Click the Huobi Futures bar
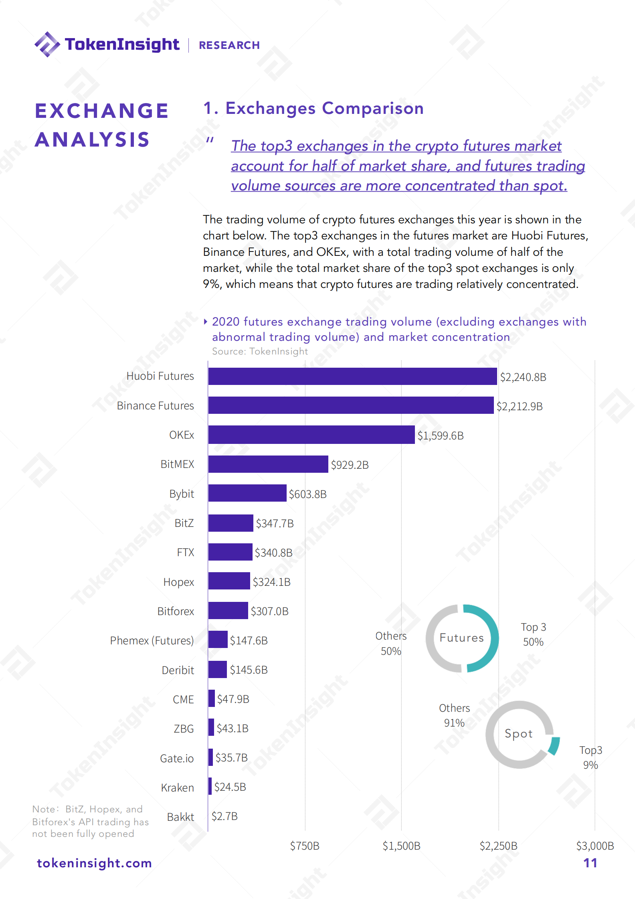[x=352, y=376]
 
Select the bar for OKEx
[x=311, y=435]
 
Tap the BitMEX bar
[x=268, y=464]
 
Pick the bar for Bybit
[x=247, y=493]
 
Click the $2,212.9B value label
[x=520, y=406]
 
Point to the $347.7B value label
[x=275, y=523]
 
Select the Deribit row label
[x=178, y=670]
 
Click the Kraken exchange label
[x=177, y=788]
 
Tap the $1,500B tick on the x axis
[x=401, y=846]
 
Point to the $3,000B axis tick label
[x=595, y=846]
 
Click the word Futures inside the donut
[x=461, y=638]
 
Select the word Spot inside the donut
[x=519, y=733]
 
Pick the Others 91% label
[x=454, y=715]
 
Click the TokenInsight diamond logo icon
[x=47, y=44]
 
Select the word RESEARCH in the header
[x=229, y=45]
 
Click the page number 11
[x=590, y=863]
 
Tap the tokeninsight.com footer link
[x=94, y=863]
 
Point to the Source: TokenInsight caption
[x=260, y=351]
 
